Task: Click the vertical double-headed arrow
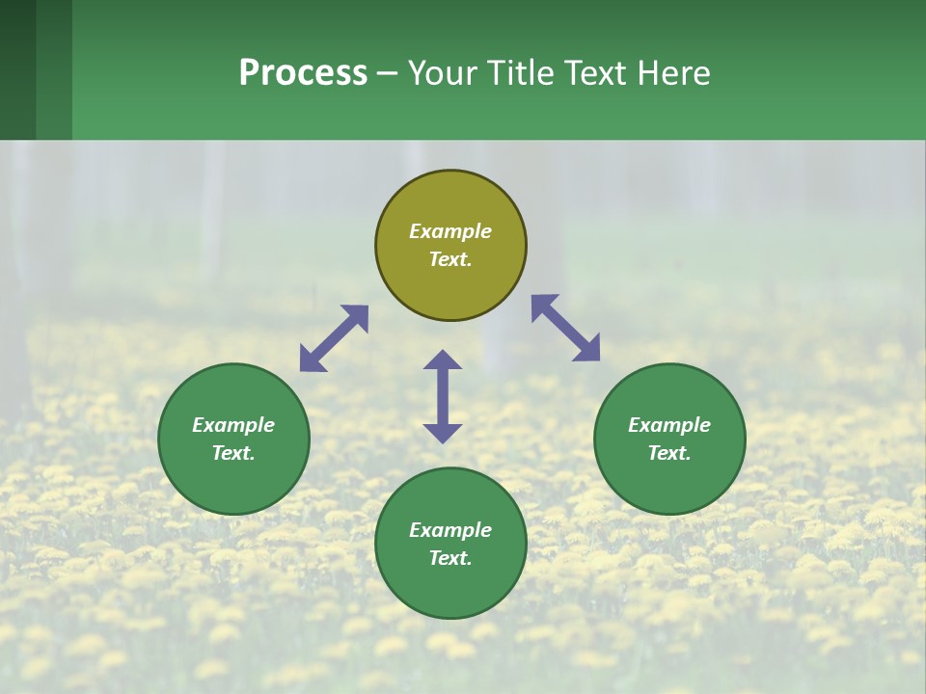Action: [x=443, y=396]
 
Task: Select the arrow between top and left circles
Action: [x=334, y=338]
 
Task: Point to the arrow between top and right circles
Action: [x=565, y=328]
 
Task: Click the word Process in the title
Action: [x=303, y=72]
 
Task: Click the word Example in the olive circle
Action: [x=450, y=231]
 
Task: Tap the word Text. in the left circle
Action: [x=233, y=453]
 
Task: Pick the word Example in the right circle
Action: [x=669, y=425]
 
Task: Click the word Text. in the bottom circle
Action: [x=450, y=558]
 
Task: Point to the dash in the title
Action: [x=387, y=74]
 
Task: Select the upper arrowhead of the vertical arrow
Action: [x=443, y=360]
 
